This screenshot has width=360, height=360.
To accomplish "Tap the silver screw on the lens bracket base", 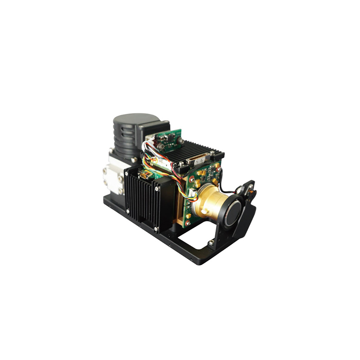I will [210, 243].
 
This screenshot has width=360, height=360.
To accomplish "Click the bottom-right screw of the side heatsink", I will [156, 229].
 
